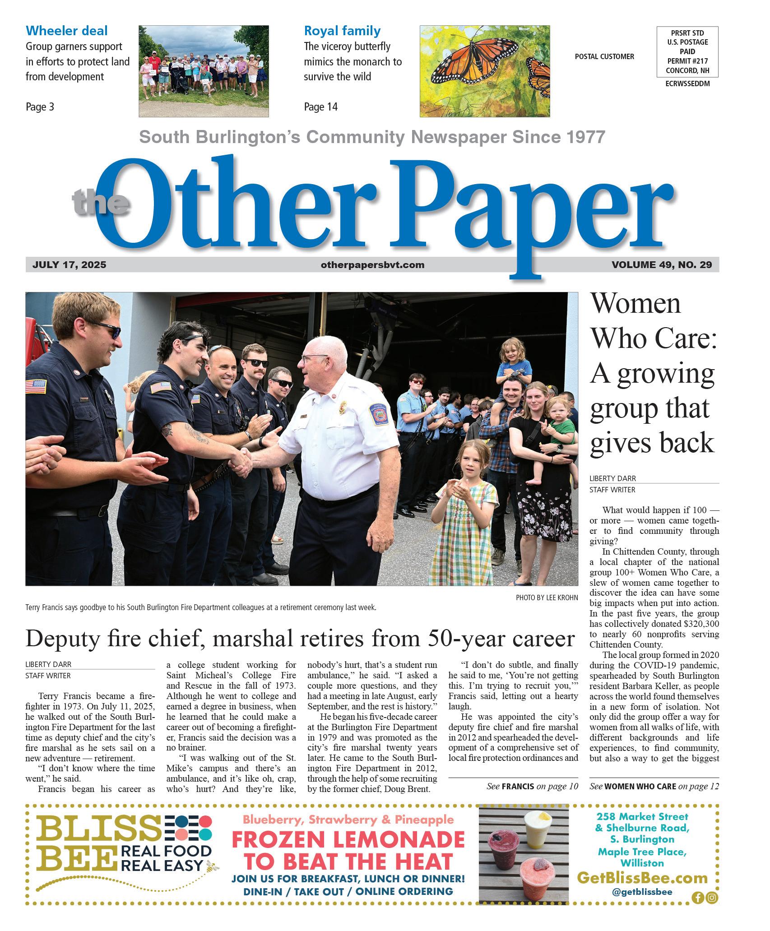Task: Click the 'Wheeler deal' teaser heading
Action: pos(66,31)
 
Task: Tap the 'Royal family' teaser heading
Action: pos(342,31)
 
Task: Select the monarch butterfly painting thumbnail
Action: pos(484,71)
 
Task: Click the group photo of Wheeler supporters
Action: pos(204,71)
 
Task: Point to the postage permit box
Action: pos(687,51)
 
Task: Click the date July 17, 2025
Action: pos(69,265)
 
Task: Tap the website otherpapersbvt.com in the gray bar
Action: pos(372,265)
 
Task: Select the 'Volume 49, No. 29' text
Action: pos(661,265)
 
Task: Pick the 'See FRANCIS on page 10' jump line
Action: pos(532,787)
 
